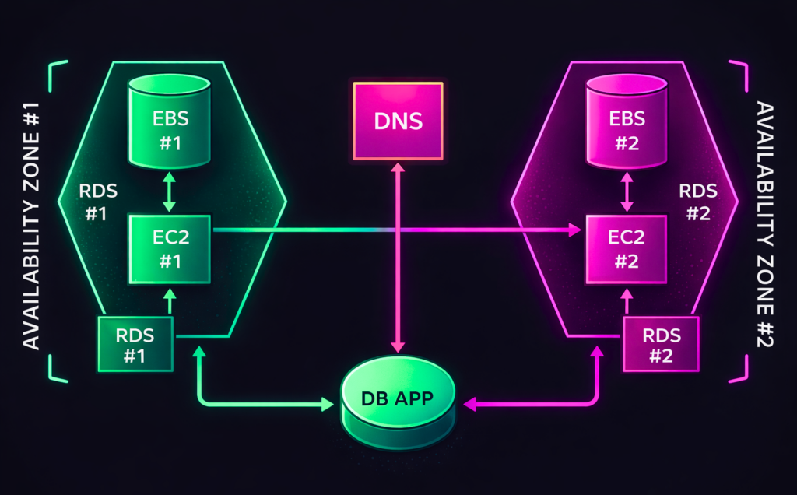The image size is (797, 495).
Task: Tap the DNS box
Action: [398, 121]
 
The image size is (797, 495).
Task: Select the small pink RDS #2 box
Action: [661, 346]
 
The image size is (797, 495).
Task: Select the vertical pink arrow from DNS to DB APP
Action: [398, 257]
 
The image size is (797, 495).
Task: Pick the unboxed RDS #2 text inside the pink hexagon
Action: [694, 203]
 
